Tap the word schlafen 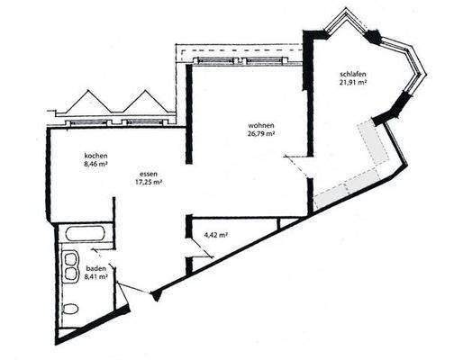pos(353,74)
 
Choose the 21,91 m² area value pos(353,84)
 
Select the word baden pos(95,268)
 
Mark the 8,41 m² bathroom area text pos(96,278)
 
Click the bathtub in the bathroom pos(85,238)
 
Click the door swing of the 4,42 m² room pos(202,253)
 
